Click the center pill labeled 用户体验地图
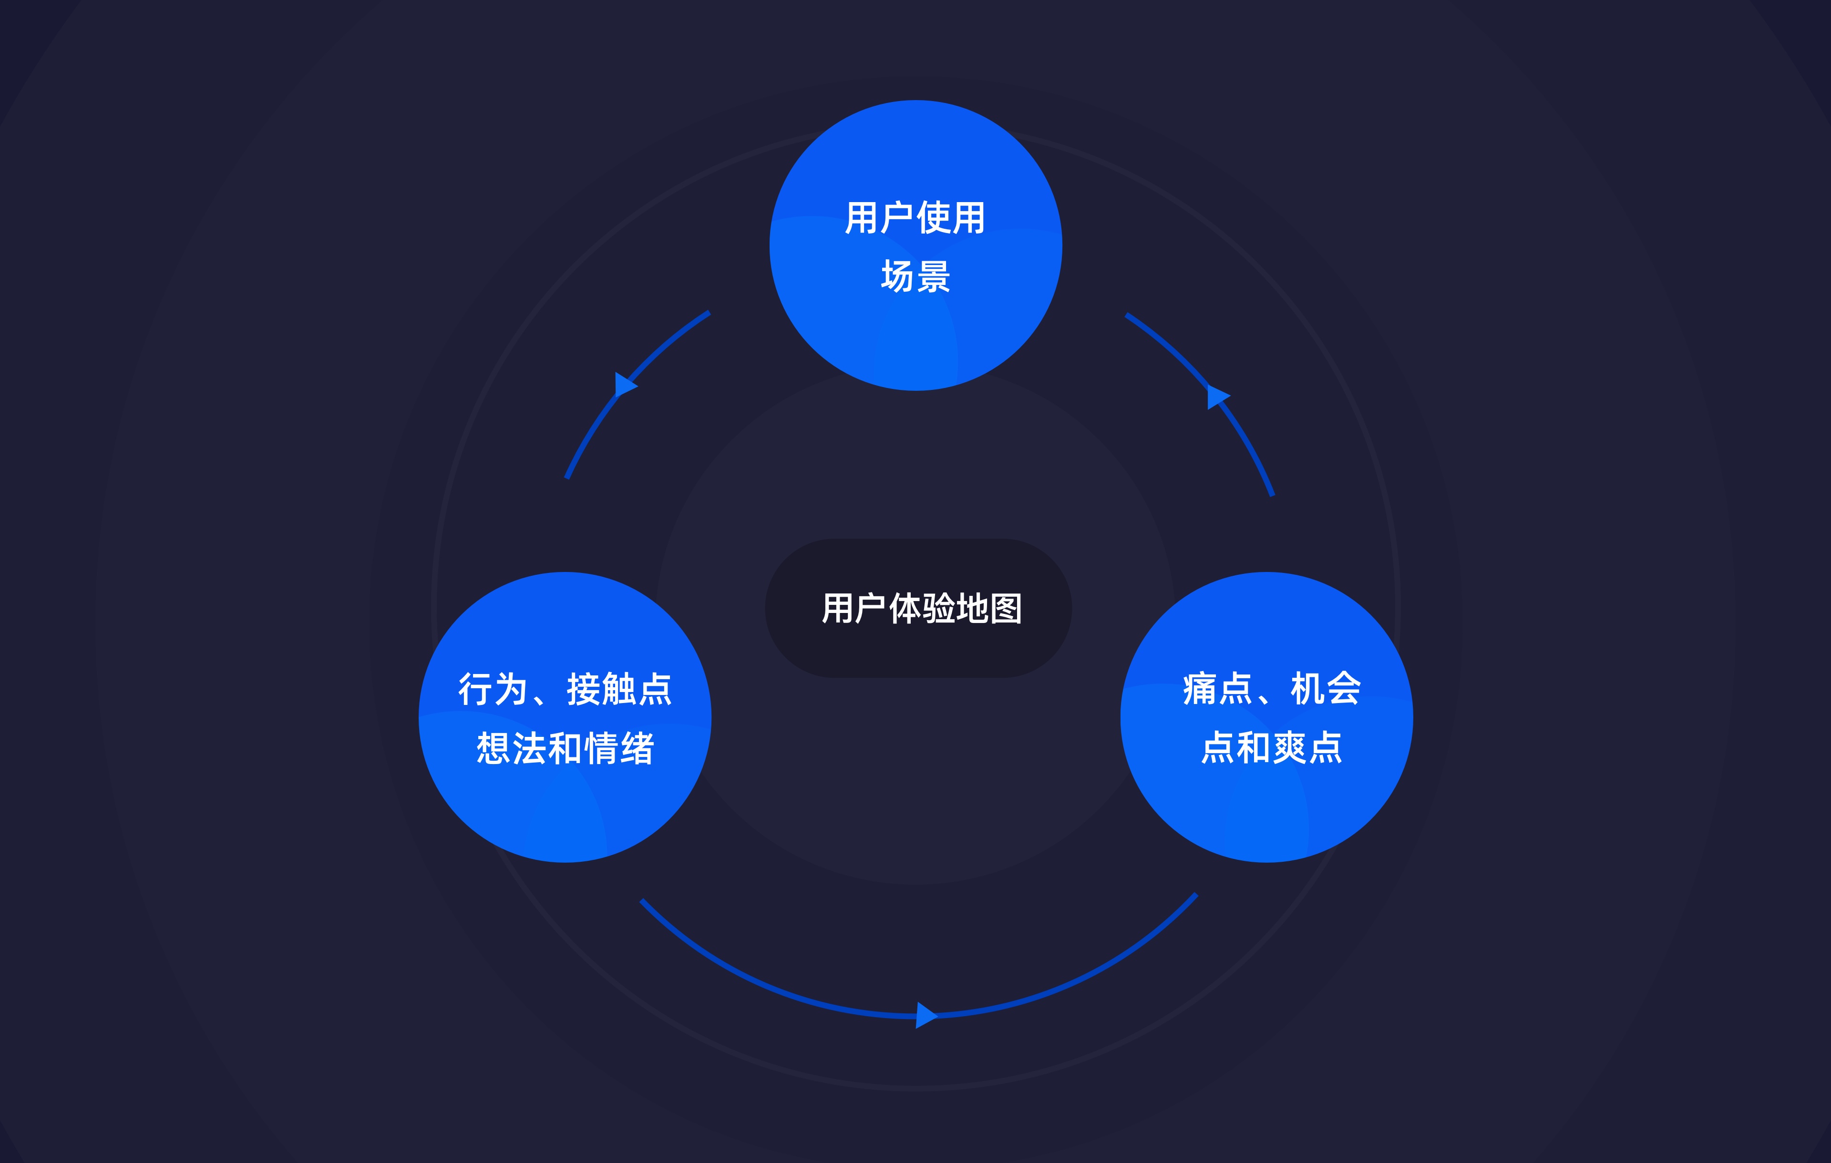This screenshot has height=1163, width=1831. point(918,608)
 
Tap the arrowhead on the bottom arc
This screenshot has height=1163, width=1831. point(926,1015)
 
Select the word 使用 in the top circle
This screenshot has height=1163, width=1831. point(951,218)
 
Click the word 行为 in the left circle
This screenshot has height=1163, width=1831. point(493,689)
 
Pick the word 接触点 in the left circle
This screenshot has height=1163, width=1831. point(619,689)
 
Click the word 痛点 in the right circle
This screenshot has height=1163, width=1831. point(1217,689)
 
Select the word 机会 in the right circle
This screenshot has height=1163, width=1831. point(1326,689)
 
